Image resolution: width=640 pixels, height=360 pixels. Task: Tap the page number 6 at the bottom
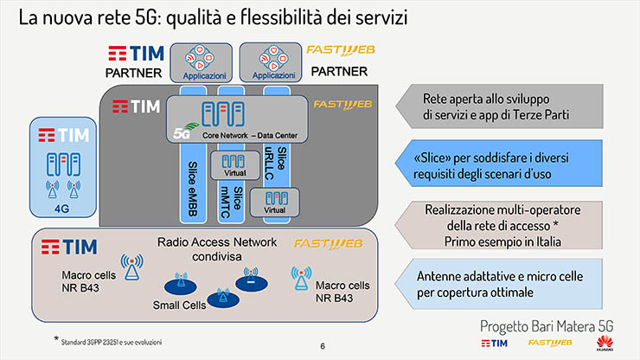pos(323,346)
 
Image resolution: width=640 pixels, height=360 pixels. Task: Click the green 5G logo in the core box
pos(181,134)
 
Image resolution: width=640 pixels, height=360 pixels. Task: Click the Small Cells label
pos(180,305)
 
